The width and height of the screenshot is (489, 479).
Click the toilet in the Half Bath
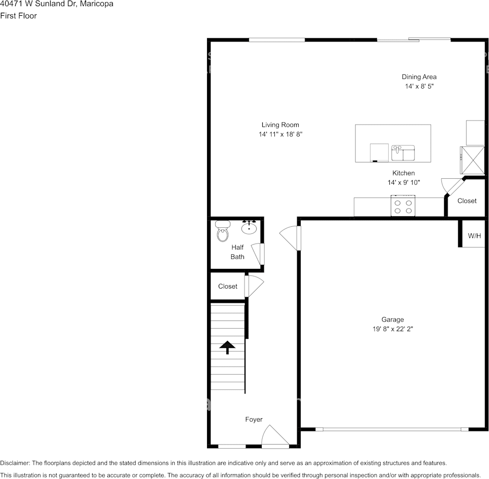[222, 231]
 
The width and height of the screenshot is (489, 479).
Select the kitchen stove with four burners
[403, 206]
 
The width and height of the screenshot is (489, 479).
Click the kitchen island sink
[403, 152]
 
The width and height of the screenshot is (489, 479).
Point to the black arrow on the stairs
[227, 347]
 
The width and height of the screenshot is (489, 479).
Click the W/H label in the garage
[474, 235]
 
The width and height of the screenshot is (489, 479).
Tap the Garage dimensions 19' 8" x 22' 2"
[392, 329]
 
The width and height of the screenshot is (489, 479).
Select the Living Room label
[280, 125]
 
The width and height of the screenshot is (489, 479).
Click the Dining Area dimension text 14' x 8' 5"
[419, 86]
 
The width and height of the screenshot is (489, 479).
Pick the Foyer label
[254, 419]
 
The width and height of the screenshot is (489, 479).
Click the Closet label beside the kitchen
[467, 201]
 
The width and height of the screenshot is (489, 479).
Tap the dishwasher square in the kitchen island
[379, 152]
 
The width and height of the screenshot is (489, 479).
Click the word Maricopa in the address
[97, 4]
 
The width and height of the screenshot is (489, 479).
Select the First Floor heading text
[18, 16]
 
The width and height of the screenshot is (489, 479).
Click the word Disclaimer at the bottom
[15, 463]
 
